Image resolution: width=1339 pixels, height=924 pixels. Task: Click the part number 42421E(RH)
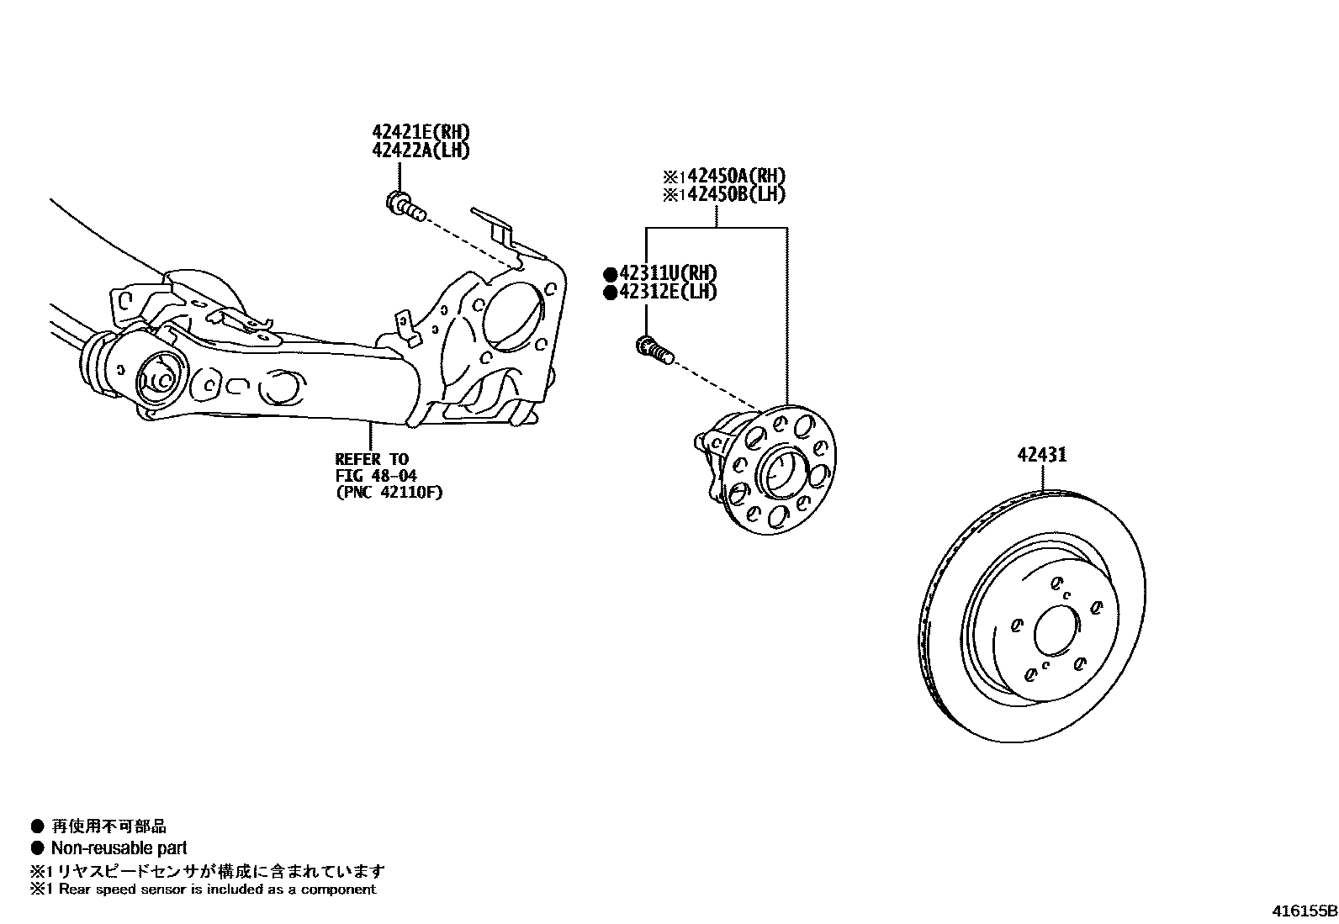[421, 132]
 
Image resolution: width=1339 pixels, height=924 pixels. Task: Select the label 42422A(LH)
[421, 150]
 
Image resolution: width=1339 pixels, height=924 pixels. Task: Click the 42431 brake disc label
[1041, 455]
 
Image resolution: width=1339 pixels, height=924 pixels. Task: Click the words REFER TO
[372, 459]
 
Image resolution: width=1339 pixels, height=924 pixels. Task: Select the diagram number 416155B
[1303, 911]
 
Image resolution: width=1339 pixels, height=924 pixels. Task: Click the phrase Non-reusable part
[119, 848]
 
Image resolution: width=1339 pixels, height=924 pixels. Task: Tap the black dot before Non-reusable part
[37, 848]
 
